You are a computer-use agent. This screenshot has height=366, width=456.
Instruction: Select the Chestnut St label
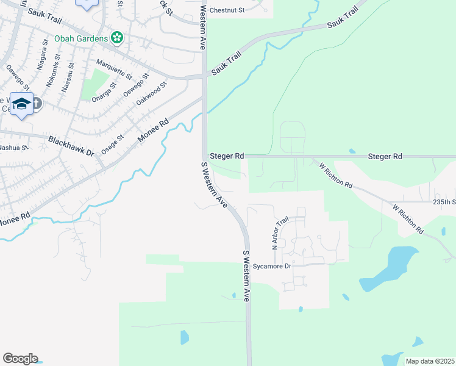tap(226, 10)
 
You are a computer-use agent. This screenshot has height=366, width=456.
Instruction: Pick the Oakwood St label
tap(151, 95)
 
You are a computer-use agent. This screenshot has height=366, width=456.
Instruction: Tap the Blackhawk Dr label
tap(70, 146)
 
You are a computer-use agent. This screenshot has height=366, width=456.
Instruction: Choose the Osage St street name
tap(112, 145)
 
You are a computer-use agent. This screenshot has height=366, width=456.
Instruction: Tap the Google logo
tap(20, 358)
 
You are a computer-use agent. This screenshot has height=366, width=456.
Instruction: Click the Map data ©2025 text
tap(430, 361)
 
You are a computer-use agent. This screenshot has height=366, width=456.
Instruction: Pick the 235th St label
tap(444, 202)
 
